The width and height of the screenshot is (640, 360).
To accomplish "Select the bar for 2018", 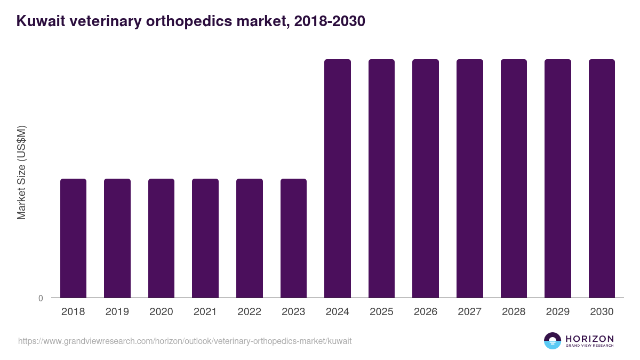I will point(73,238).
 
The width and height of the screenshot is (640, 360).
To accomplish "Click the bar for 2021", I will point(205,238).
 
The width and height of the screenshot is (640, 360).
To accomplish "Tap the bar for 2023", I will point(293,238).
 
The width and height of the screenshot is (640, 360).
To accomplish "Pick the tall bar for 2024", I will point(338,178).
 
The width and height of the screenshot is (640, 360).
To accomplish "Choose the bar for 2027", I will point(470,178).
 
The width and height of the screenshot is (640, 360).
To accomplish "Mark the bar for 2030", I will point(602,178).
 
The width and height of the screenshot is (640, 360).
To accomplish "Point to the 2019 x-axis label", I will point(117,312).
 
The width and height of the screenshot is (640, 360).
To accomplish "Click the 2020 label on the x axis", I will point(161,312).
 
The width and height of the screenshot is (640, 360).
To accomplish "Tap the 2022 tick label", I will point(249,312).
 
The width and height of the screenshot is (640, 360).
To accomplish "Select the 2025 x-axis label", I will point(381,312).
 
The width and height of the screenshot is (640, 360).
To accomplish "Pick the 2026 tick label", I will point(426,312).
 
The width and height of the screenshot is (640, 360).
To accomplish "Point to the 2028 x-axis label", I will point(514,312).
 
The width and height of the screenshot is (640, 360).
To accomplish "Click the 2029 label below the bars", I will point(557,312).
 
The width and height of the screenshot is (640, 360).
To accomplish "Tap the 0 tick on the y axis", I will point(41,298).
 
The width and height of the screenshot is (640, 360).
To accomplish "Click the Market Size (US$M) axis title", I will point(21,173).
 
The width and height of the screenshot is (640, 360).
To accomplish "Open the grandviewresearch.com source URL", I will point(185,341).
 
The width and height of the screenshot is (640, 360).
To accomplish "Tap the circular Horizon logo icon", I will point(553,341).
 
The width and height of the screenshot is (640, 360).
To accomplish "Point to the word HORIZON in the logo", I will point(589,339).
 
